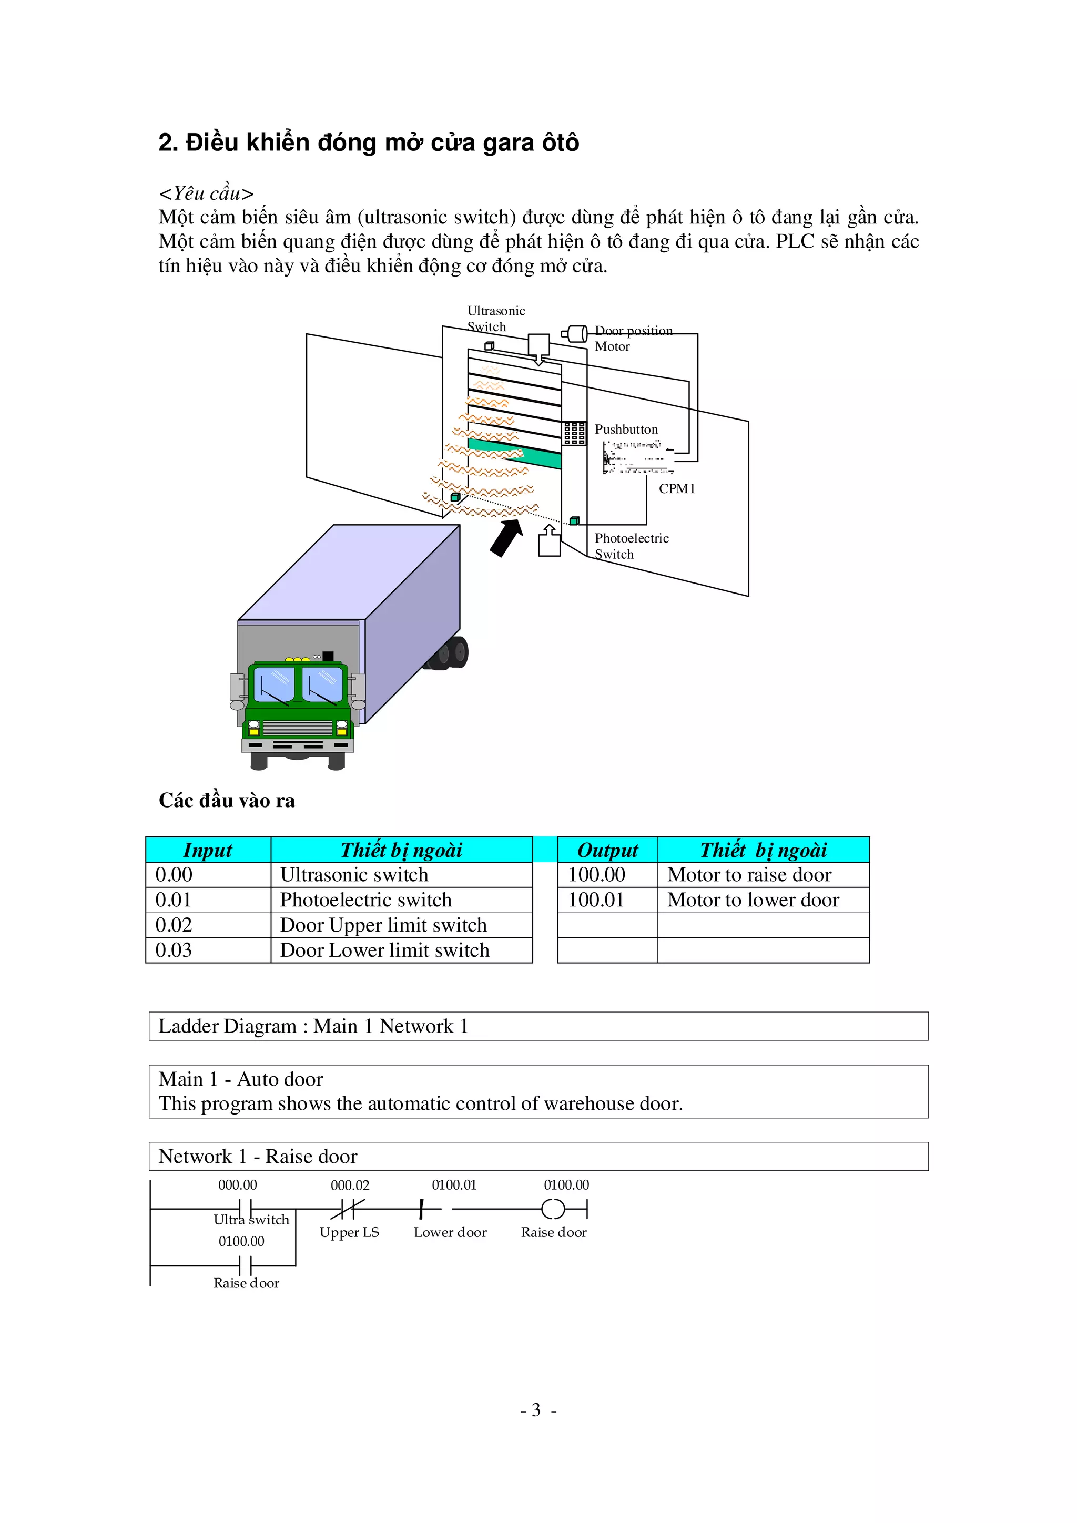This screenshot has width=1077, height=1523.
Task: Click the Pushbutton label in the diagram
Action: point(626,429)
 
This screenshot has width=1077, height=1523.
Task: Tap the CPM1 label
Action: point(676,488)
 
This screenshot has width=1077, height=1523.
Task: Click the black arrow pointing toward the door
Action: point(506,537)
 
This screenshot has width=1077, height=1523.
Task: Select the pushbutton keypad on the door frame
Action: point(574,433)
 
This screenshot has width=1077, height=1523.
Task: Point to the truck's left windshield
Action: point(274,684)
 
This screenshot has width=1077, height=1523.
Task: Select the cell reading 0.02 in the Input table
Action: point(174,925)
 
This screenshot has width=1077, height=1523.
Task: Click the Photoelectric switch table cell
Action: point(365,900)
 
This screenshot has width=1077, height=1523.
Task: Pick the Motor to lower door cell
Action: point(753,900)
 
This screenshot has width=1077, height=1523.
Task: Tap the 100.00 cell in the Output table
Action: point(596,874)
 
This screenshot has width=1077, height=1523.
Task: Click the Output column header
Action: point(607,850)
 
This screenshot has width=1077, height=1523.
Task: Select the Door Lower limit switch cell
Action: point(385,950)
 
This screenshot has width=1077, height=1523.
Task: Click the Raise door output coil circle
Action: point(553,1210)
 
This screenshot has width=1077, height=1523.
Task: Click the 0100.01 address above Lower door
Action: point(454,1185)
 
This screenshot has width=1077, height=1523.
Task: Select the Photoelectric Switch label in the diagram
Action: point(631,546)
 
